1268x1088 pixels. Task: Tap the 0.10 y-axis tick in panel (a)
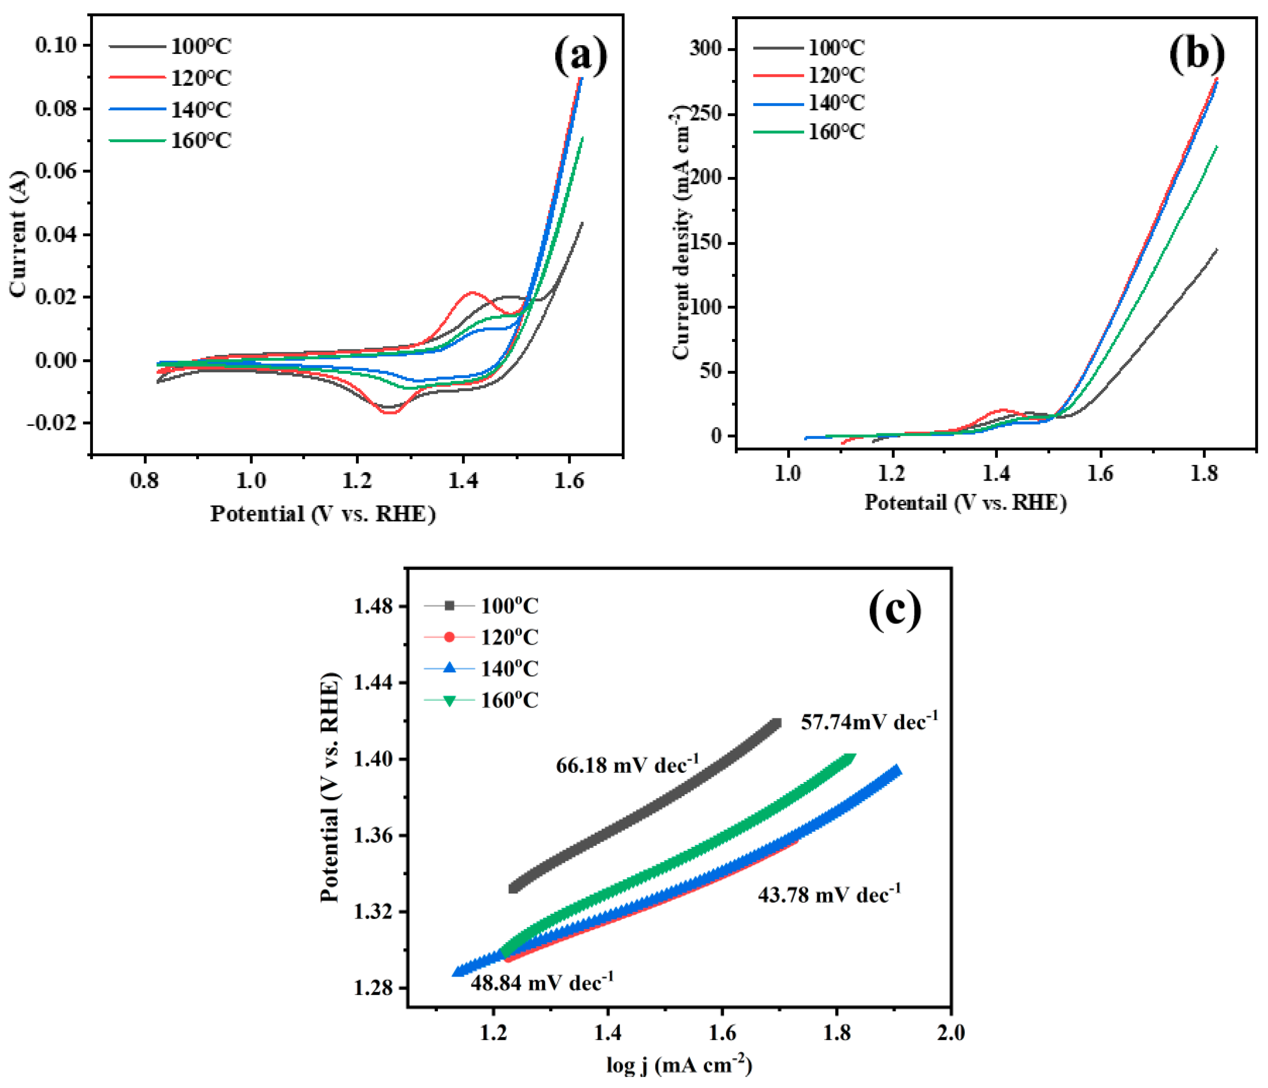coord(56,45)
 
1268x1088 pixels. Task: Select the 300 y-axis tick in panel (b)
coord(705,48)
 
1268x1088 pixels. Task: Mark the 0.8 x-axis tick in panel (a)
coord(145,481)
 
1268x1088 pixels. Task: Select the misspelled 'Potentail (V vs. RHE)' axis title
coord(965,503)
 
